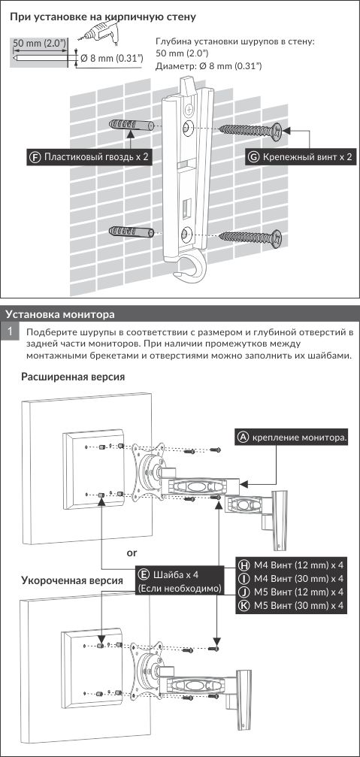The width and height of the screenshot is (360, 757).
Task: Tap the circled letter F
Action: (x=35, y=156)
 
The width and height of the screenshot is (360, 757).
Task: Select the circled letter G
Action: (x=254, y=156)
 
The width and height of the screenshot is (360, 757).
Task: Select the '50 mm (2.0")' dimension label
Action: (x=39, y=43)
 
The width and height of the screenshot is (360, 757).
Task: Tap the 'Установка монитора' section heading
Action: (x=60, y=314)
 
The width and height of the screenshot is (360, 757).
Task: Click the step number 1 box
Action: (x=10, y=332)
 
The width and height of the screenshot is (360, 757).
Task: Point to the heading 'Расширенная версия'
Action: (x=73, y=377)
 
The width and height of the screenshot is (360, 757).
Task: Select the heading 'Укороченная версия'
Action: (x=71, y=580)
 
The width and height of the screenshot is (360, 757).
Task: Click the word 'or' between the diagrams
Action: (x=132, y=553)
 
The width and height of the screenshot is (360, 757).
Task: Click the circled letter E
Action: (x=144, y=574)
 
